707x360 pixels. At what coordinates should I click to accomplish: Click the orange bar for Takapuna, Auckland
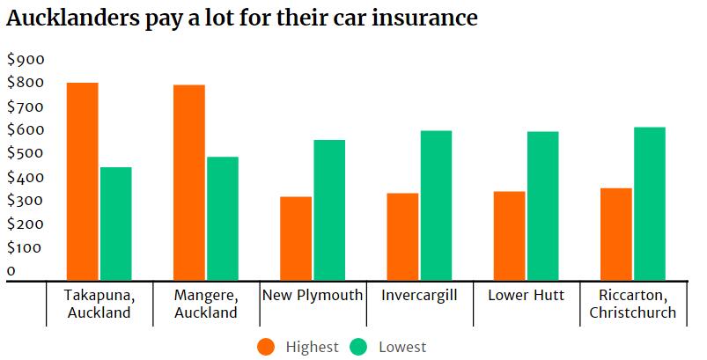[x=82, y=181]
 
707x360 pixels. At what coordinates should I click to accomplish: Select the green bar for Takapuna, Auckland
[x=115, y=224]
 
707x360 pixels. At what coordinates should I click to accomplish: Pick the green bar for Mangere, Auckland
[x=222, y=218]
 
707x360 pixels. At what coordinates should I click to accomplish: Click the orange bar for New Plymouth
[x=295, y=239]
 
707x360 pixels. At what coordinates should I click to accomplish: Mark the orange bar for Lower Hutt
[x=509, y=236]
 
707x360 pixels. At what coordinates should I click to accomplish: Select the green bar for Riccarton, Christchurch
[x=649, y=203]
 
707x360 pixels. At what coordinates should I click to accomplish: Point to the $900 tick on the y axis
[x=25, y=60]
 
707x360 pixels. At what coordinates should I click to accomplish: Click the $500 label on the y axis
[x=25, y=154]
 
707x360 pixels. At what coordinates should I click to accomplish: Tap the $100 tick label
[x=25, y=248]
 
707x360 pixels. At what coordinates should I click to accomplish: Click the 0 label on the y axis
[x=11, y=271]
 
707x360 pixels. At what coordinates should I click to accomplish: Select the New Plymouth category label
[x=313, y=295]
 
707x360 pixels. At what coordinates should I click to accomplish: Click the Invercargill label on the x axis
[x=419, y=295]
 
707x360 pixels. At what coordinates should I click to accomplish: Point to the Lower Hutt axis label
[x=526, y=295]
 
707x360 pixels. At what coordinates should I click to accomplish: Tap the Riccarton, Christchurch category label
[x=632, y=304]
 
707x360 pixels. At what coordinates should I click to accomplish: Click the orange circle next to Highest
[x=267, y=347]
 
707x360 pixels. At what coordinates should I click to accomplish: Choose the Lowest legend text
[x=402, y=347]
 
